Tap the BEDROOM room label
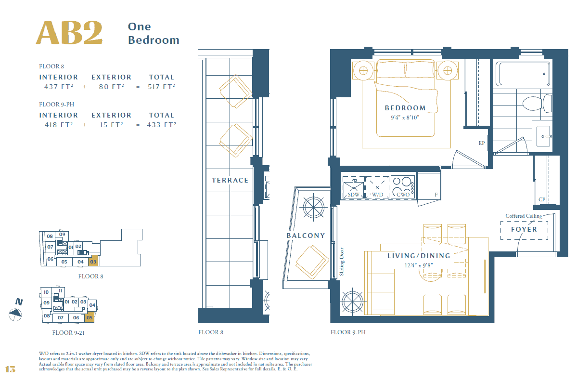tap(405, 108)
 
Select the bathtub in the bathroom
tap(523, 74)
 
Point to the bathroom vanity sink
tap(543, 136)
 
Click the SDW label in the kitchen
tap(353, 195)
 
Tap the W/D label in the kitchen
tap(377, 195)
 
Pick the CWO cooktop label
tap(403, 195)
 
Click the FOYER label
tap(524, 229)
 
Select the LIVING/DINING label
tap(419, 256)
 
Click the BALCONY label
tap(306, 236)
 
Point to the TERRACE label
tap(230, 180)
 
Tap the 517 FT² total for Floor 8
tap(162, 87)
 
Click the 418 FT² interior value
tap(59, 125)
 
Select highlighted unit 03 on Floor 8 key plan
tap(93, 261)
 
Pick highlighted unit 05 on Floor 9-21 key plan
tap(90, 317)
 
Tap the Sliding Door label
tap(342, 262)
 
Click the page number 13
tap(10, 369)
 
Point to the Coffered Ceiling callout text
tap(524, 216)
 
